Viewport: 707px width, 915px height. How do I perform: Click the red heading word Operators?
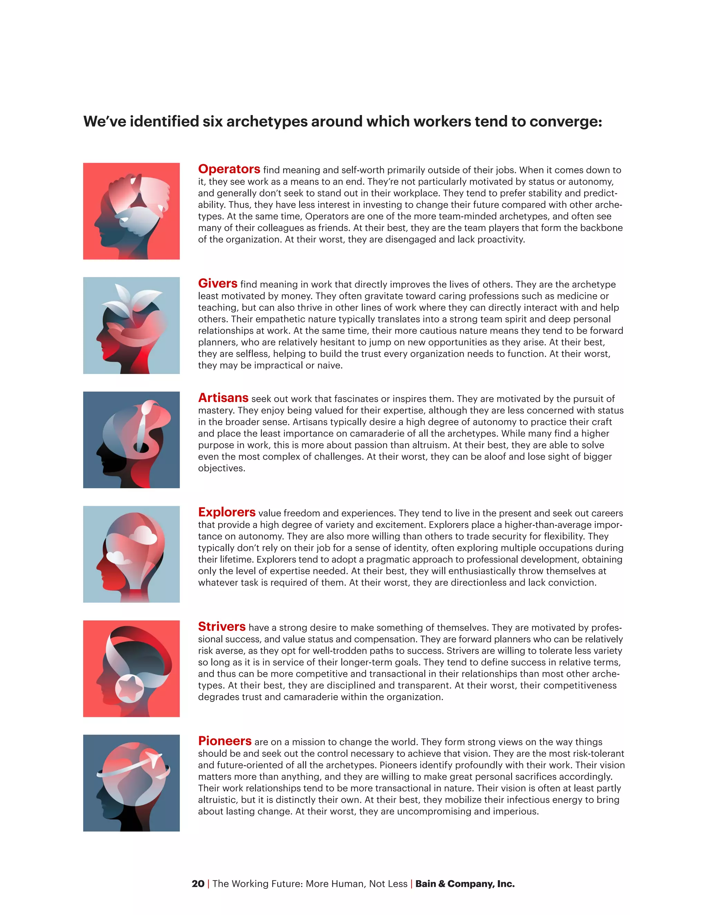point(229,169)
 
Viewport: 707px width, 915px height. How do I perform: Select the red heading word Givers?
point(217,283)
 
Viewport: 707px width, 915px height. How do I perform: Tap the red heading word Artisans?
point(223,398)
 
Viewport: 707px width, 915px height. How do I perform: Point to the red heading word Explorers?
point(226,512)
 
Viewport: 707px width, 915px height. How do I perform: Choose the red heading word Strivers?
point(222,627)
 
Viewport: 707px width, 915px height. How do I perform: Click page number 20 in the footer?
point(198,884)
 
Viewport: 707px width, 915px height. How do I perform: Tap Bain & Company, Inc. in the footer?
point(465,884)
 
